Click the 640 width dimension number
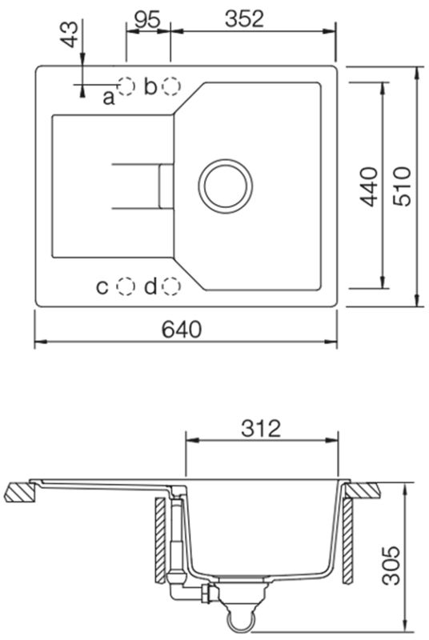pos(182,329)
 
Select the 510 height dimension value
pos(402,186)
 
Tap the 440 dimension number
pos(369,186)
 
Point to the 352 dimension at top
pos(244,18)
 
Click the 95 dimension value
pos(147,18)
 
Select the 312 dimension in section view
pos(261,429)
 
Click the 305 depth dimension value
pos(391,565)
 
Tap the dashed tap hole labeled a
pos(126,86)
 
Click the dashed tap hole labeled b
pos(171,86)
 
